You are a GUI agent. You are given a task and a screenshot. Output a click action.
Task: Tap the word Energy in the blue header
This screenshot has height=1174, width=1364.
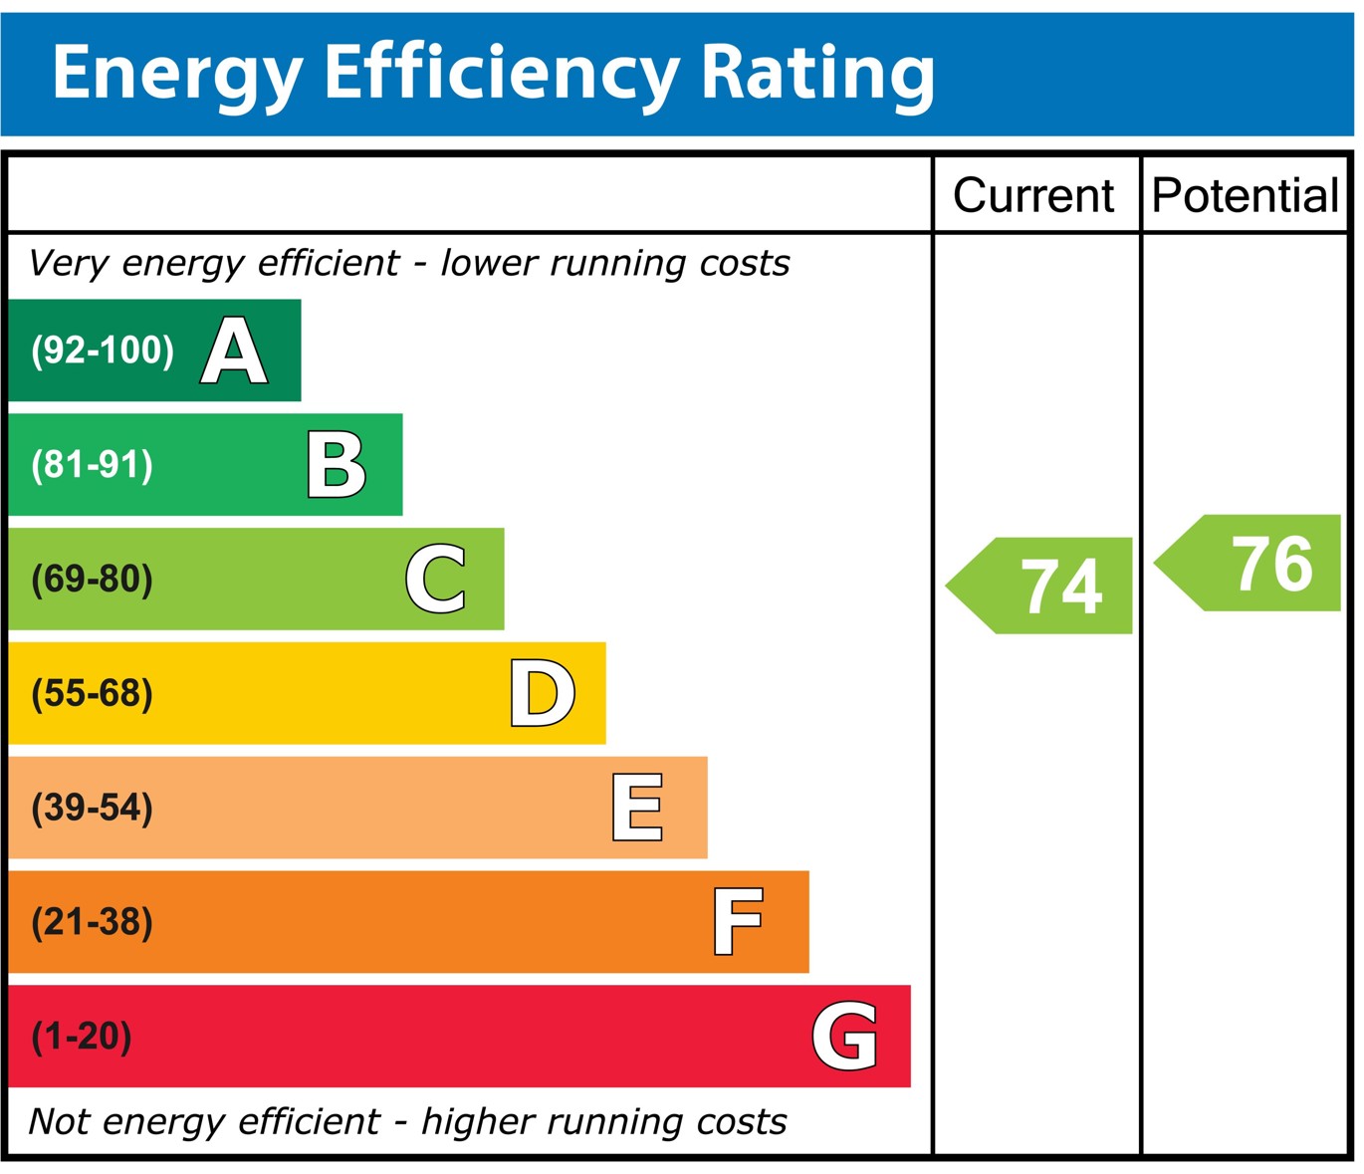click(177, 74)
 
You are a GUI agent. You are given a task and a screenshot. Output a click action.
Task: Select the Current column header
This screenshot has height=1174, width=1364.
click(1033, 195)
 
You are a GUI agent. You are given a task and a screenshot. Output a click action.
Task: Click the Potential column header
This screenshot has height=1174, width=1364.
click(1245, 195)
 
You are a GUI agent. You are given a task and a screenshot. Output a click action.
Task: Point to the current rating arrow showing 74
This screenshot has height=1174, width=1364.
click(1041, 586)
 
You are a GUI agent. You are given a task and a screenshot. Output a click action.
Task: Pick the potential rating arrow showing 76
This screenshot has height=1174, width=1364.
click(1250, 563)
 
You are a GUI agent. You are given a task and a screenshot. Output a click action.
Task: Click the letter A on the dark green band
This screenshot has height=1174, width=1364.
click(234, 351)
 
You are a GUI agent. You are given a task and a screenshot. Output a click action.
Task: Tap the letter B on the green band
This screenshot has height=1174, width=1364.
click(337, 465)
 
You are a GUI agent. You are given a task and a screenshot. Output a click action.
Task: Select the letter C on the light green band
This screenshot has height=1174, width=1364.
click(436, 579)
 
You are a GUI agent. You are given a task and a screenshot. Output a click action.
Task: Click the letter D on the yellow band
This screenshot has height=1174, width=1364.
click(542, 693)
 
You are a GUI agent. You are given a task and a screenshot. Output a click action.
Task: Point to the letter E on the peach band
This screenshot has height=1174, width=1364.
click(637, 808)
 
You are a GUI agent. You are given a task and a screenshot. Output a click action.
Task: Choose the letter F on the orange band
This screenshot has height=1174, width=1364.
click(738, 922)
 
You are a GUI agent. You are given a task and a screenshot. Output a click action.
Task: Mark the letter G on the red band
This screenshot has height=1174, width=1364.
click(845, 1037)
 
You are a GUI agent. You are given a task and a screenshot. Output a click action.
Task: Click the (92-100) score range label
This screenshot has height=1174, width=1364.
click(103, 351)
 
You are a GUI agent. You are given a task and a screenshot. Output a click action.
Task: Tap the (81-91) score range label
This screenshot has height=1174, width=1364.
click(93, 465)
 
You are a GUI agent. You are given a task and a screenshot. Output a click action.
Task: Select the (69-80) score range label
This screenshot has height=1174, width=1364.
click(93, 580)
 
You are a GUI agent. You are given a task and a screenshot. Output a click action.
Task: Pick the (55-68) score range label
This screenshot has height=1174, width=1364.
click(93, 694)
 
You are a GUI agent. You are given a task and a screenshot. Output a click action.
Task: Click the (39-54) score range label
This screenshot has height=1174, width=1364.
click(93, 808)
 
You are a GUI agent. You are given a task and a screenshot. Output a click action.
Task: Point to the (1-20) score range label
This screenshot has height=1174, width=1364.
click(82, 1037)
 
